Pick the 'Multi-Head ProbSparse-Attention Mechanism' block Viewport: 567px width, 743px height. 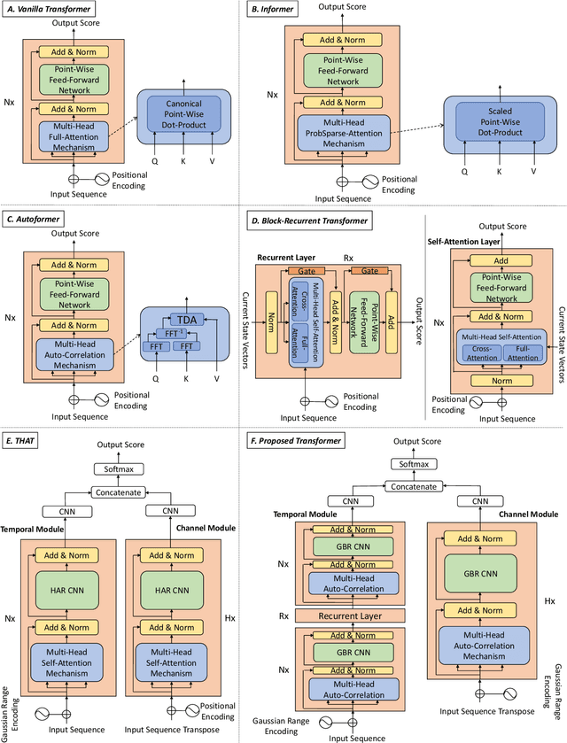(344, 131)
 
